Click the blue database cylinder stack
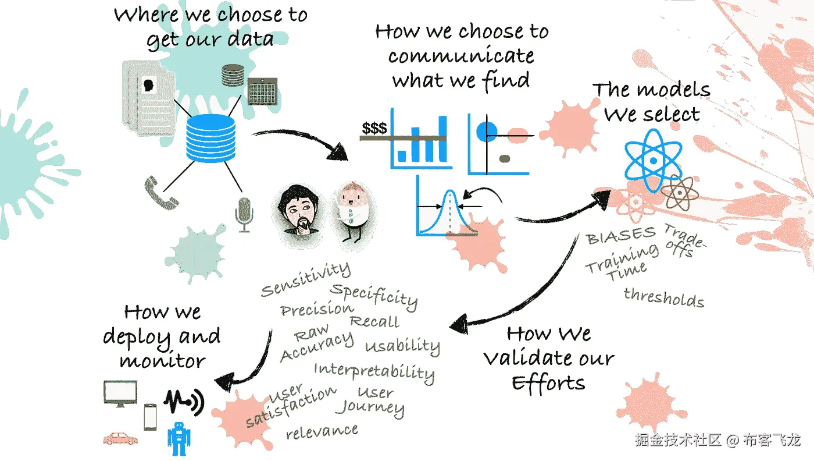[210, 138]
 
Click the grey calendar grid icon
[262, 91]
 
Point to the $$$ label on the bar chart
[374, 128]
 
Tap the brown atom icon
[679, 193]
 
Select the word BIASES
[621, 236]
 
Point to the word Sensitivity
[306, 279]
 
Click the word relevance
[322, 431]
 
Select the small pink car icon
[120, 438]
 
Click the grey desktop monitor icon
[120, 392]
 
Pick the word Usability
[402, 346]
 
